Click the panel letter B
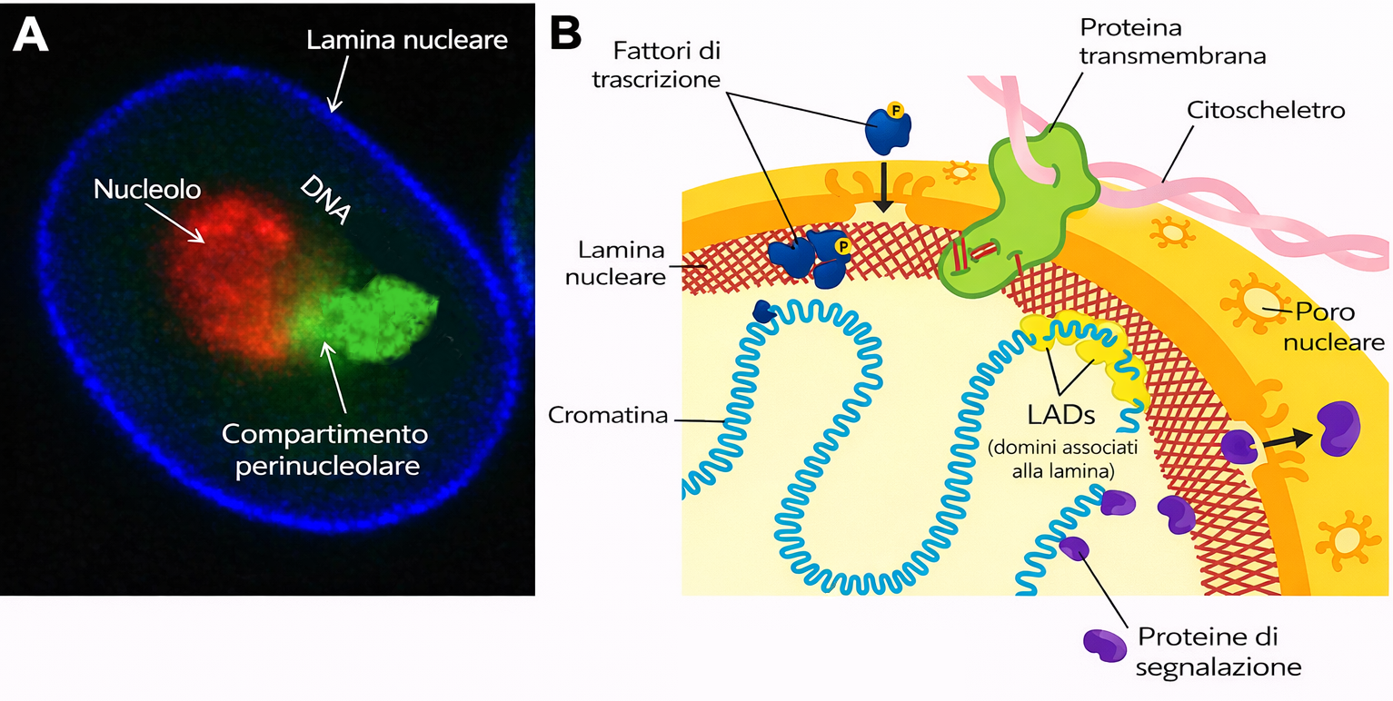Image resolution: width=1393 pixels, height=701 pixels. pyautogui.click(x=566, y=34)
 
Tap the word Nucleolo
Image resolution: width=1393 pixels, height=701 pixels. pyautogui.click(x=147, y=190)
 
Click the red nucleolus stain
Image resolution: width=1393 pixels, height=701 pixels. pyautogui.click(x=232, y=272)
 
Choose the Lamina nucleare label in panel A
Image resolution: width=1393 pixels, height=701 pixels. pyautogui.click(x=406, y=41)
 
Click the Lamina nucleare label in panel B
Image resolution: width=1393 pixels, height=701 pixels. pyautogui.click(x=614, y=263)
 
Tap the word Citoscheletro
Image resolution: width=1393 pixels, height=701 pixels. pyautogui.click(x=1265, y=111)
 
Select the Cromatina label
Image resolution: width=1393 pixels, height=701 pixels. pyautogui.click(x=607, y=415)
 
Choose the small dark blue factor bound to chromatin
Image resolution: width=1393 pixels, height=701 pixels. pyautogui.click(x=763, y=311)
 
